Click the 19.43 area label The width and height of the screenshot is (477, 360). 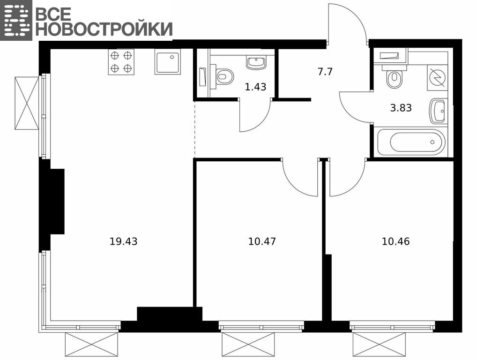pyautogui.click(x=123, y=241)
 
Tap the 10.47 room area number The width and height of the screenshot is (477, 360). pyautogui.click(x=262, y=241)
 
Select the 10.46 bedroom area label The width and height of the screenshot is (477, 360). pyautogui.click(x=395, y=241)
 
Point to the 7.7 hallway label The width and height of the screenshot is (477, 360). pyautogui.click(x=325, y=72)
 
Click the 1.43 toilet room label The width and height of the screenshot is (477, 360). pyautogui.click(x=255, y=87)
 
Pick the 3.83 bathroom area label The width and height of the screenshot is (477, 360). pyautogui.click(x=401, y=108)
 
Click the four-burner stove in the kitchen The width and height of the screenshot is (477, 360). pyautogui.click(x=121, y=62)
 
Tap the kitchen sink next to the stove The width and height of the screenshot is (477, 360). pyautogui.click(x=168, y=61)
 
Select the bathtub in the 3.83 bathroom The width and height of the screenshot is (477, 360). pyautogui.click(x=411, y=142)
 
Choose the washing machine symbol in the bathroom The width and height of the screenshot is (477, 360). pyautogui.click(x=438, y=77)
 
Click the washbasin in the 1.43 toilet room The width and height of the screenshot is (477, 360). pyautogui.click(x=256, y=63)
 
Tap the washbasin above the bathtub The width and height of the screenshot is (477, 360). pyautogui.click(x=438, y=112)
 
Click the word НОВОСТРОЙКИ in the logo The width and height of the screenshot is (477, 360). pyautogui.click(x=104, y=29)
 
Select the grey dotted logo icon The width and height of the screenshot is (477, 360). pyautogui.click(x=16, y=20)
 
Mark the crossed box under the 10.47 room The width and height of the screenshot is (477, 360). pyautogui.click(x=248, y=345)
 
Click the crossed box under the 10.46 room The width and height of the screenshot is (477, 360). pyautogui.click(x=380, y=345)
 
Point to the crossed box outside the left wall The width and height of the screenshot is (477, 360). pyautogui.click(x=27, y=103)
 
